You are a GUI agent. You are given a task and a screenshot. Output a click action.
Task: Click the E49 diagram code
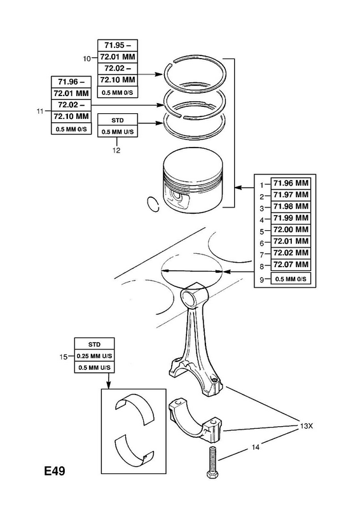coord(55,471)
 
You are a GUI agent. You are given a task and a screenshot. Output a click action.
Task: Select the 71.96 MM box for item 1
coord(291,183)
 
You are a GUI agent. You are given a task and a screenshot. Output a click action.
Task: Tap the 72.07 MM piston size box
coord(291,265)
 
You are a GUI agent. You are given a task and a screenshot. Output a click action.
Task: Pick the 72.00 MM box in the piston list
coord(291,230)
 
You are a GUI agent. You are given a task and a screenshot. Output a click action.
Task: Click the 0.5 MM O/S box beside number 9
coord(291,279)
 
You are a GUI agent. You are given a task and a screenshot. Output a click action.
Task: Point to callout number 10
coord(87,59)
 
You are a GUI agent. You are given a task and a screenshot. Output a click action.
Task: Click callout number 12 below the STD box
coord(116,150)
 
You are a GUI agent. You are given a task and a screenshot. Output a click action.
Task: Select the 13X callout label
coord(305,426)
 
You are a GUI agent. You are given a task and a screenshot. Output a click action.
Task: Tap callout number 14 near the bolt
coord(256,447)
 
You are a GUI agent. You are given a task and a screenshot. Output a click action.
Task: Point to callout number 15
coord(64,357)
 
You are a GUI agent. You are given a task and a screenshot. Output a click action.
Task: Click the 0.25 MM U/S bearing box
coord(95,356)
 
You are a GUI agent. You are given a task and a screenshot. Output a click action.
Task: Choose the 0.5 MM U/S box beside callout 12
coord(118,132)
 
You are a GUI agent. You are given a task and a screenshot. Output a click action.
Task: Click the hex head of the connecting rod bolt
coord(212,475)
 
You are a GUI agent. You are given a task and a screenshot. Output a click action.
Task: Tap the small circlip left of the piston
coord(153,204)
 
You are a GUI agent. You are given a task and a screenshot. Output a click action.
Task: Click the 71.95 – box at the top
coord(118,45)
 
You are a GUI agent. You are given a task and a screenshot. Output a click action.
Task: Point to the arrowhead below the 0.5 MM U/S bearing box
coord(108,385)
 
